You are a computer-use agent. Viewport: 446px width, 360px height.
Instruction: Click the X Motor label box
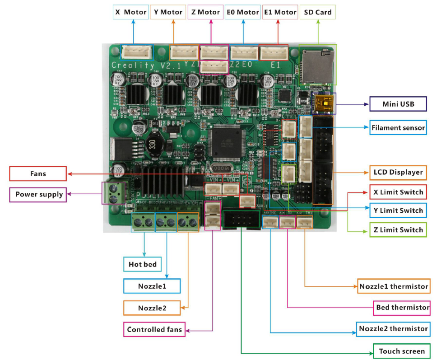click(x=130, y=12)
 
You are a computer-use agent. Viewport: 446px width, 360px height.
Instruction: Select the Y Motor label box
click(x=168, y=12)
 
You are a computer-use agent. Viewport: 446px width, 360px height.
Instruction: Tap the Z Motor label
click(x=205, y=12)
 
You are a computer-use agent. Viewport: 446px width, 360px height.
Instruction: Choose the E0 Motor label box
click(x=243, y=12)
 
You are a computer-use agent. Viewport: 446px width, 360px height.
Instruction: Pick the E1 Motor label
click(x=280, y=12)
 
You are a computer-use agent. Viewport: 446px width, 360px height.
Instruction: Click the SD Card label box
click(x=318, y=12)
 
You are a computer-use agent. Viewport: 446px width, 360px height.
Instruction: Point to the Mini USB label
click(x=398, y=104)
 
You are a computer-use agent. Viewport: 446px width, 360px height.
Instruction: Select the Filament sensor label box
click(x=398, y=128)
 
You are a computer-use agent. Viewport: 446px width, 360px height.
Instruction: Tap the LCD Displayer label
click(x=398, y=172)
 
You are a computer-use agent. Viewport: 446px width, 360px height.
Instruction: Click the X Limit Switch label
click(x=398, y=192)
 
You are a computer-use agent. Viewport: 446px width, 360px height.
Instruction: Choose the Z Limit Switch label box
click(x=398, y=229)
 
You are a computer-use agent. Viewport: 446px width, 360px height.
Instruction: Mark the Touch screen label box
click(x=401, y=351)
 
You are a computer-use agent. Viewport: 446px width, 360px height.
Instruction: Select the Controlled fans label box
click(x=154, y=329)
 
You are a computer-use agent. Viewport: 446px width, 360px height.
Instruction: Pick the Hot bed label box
click(x=143, y=264)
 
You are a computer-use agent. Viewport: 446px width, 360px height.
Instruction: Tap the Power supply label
click(x=38, y=195)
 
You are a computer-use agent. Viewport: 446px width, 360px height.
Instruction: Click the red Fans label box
click(x=38, y=173)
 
